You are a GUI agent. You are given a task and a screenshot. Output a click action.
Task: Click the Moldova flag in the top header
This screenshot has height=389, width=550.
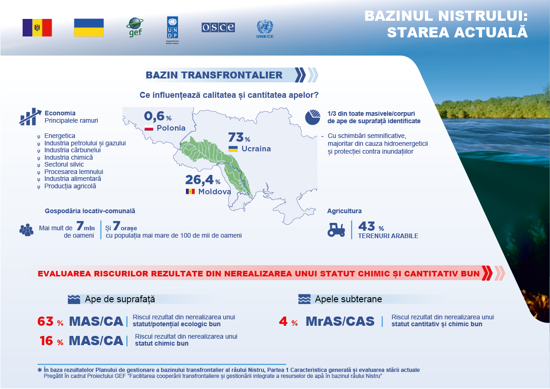37,28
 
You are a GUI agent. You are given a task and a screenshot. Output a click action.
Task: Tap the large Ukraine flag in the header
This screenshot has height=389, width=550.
89,28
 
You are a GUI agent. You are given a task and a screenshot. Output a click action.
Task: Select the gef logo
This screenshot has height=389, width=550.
135,27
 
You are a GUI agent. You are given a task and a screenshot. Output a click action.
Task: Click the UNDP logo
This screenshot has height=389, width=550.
172,30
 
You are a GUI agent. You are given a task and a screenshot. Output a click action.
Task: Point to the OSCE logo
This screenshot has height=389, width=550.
218,27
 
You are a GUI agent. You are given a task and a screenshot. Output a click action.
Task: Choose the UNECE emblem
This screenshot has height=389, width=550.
265,29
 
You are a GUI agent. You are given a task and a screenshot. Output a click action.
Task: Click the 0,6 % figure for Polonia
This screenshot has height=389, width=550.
157,116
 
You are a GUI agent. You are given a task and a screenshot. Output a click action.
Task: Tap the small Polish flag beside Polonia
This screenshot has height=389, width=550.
149,128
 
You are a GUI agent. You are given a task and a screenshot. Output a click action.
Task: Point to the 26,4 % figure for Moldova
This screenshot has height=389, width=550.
203,180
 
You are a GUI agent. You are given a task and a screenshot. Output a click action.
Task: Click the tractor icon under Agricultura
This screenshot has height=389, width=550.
336,230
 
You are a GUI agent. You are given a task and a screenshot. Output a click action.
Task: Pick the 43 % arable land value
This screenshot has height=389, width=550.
371,226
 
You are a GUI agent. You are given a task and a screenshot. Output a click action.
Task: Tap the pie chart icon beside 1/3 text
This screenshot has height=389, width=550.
312,117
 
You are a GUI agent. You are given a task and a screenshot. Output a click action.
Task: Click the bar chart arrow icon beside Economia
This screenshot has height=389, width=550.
30,116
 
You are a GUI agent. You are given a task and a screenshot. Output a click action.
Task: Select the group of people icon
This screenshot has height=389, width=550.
26,230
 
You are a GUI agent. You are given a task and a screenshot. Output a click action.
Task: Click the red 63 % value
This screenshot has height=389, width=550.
50,321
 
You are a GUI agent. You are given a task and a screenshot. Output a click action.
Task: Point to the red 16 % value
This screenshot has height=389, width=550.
52,341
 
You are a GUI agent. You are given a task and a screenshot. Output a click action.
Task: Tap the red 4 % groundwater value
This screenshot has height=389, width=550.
288,321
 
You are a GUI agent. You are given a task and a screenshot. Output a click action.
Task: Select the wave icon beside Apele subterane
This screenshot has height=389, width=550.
304,299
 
